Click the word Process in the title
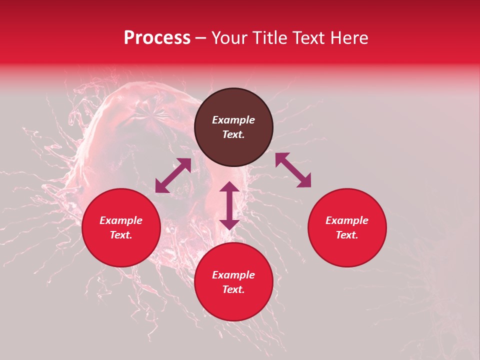point(157,38)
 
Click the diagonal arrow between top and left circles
point(173,175)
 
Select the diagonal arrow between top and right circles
point(293,170)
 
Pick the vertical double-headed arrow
point(229,205)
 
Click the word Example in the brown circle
point(233,120)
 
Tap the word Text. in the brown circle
point(233,134)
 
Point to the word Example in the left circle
point(121,220)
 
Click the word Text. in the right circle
point(347,235)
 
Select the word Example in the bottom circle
point(233,275)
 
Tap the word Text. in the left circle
point(121,235)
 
